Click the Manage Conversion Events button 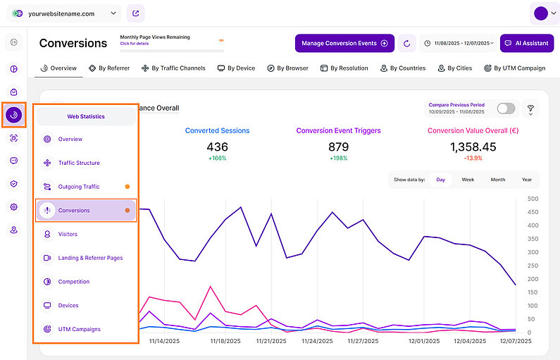click(344, 43)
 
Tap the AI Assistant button click(526, 43)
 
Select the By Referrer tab click(108, 68)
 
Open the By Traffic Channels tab click(173, 68)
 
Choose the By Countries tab click(402, 68)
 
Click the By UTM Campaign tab click(515, 68)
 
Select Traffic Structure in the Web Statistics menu click(79, 163)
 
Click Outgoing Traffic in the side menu click(79, 187)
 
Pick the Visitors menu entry click(68, 234)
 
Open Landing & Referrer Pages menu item click(90, 258)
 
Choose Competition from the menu click(74, 282)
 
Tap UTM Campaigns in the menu click(79, 329)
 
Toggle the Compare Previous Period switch click(506, 108)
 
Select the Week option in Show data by click(468, 180)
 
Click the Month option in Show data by click(497, 180)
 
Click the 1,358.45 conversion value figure click(472, 147)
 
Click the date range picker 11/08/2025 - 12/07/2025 click(459, 43)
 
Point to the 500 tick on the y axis click(532, 199)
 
